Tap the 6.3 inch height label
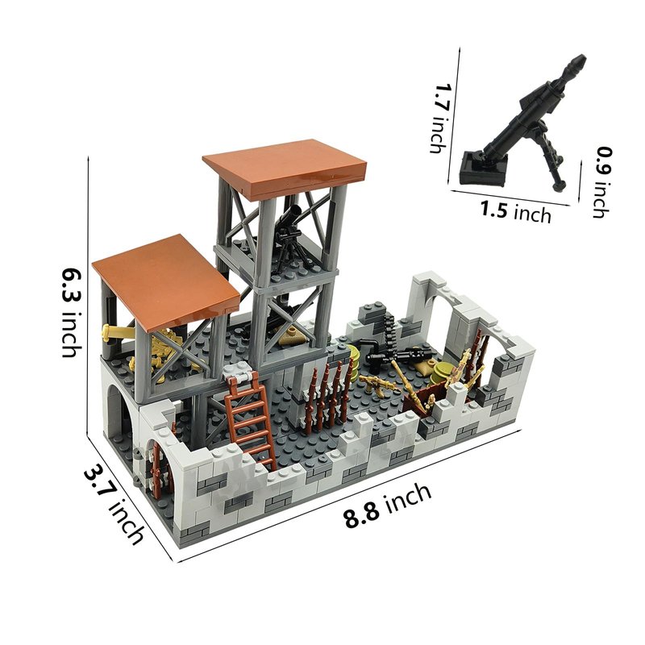pos(72,313)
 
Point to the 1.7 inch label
pos(439,119)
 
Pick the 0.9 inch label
pos(603,181)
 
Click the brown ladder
pos(251,419)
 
